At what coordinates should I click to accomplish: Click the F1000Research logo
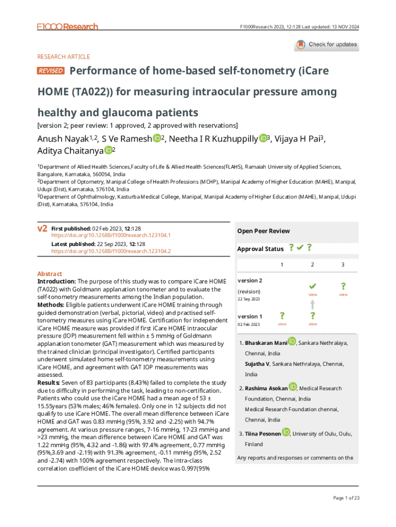(x=67, y=26)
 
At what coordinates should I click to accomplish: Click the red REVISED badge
(x=51, y=71)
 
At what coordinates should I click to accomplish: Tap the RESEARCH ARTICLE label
(x=64, y=57)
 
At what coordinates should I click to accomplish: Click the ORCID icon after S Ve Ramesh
(x=156, y=138)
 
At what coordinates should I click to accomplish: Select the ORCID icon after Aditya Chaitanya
(x=108, y=150)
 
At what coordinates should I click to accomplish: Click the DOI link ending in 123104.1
(x=111, y=235)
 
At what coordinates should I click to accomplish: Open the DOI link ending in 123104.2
(x=111, y=251)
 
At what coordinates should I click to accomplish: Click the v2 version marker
(x=43, y=228)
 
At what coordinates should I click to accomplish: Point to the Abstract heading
(x=50, y=274)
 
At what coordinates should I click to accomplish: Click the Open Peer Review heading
(x=263, y=231)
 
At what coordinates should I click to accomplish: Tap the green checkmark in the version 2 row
(x=312, y=286)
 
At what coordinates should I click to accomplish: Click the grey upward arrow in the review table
(x=312, y=304)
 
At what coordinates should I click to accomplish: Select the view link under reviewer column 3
(x=343, y=295)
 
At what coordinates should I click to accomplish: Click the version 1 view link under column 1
(x=282, y=324)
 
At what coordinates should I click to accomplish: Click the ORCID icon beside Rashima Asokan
(x=293, y=387)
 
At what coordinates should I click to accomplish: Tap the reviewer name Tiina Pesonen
(x=262, y=434)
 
